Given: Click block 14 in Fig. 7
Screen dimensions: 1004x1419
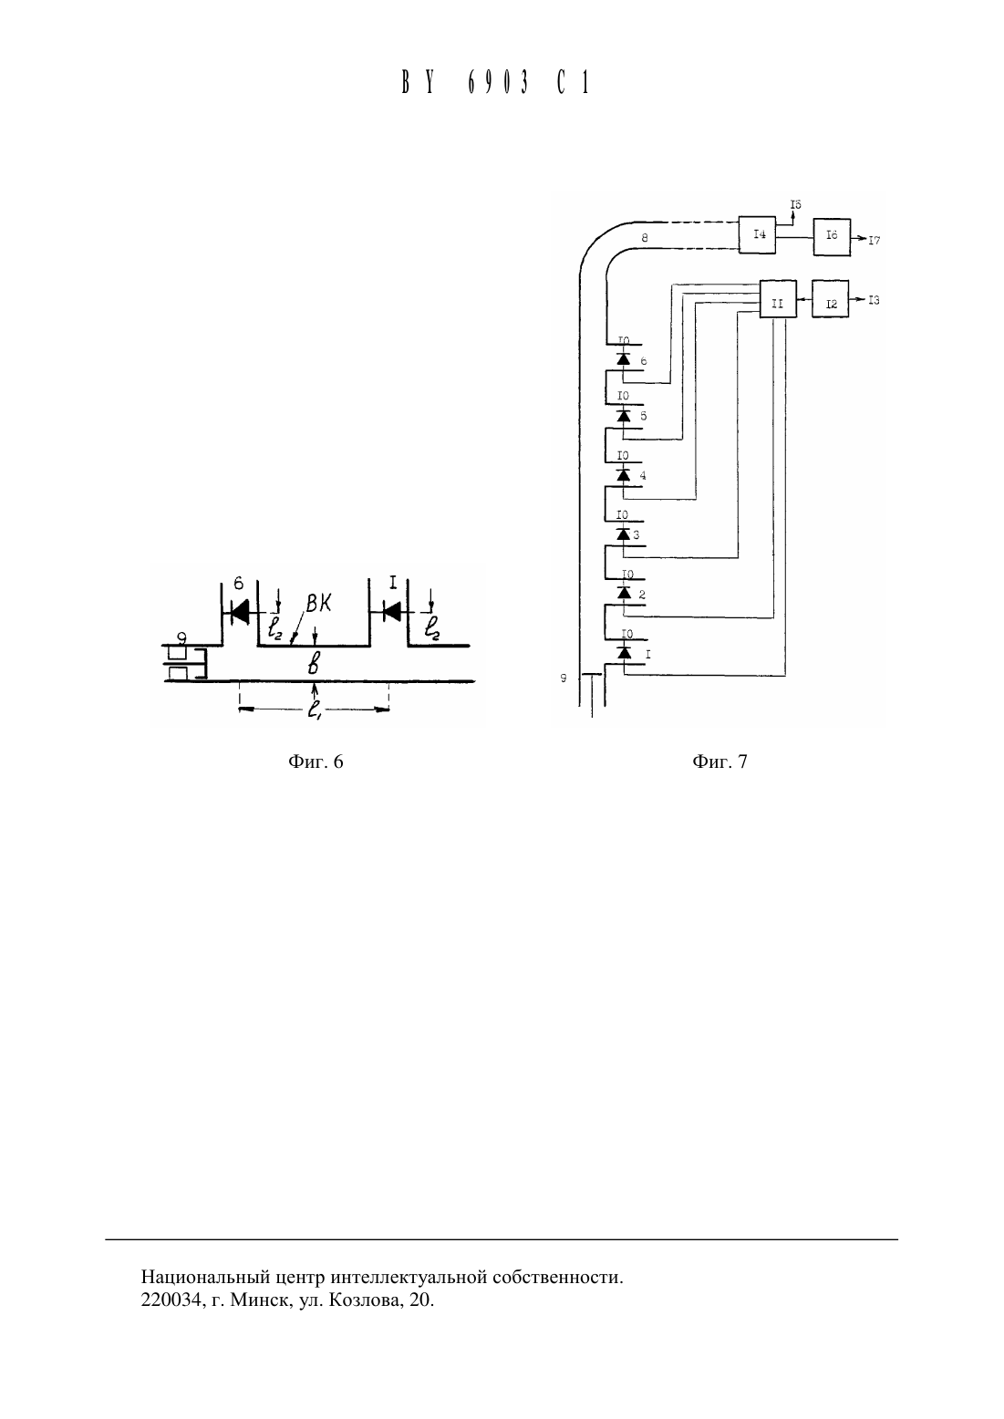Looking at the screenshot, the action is click(758, 235).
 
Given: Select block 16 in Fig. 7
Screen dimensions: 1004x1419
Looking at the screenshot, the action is click(832, 237).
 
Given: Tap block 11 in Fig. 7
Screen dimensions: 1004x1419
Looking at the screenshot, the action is click(777, 298).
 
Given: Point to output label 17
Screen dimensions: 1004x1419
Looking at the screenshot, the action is click(874, 240).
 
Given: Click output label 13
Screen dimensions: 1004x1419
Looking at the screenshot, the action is click(874, 300).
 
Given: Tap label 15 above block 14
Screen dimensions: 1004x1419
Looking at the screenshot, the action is click(795, 204).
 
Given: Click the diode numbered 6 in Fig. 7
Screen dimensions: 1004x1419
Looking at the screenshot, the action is click(624, 358).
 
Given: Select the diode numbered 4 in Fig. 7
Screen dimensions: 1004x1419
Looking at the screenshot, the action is click(624, 474).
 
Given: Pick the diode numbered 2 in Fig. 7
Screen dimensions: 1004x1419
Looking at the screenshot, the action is click(624, 592).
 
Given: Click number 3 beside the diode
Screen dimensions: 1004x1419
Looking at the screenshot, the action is click(636, 535).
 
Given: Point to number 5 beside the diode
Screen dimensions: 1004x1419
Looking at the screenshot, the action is click(644, 416).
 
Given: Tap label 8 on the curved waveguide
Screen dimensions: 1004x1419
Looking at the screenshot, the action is click(644, 238).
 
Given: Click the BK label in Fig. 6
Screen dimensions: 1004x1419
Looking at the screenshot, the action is click(318, 604).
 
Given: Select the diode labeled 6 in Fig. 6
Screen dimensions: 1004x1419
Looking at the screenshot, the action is click(240, 612).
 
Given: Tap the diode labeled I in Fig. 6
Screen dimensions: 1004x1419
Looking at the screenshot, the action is click(391, 612).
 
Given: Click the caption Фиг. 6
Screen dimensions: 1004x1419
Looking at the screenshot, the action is click(316, 761).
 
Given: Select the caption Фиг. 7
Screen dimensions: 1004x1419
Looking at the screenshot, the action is click(719, 761).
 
